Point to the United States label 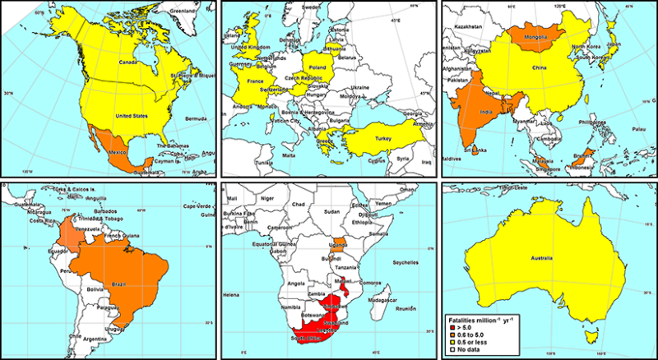pos(132,117)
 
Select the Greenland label pos(183,12)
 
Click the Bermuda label pos(196,120)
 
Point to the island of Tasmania pos(589,336)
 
